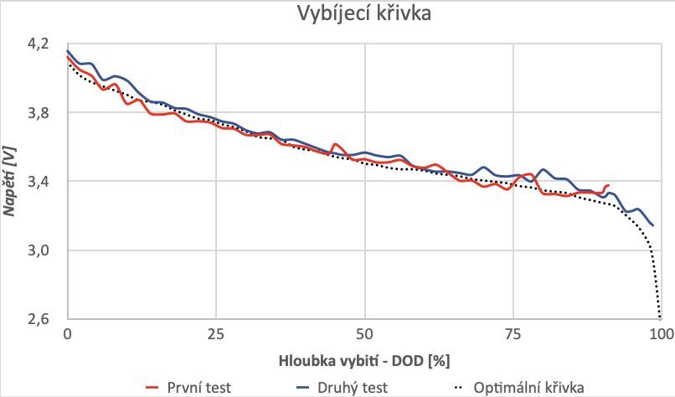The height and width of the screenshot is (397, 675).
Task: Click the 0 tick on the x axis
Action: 67,334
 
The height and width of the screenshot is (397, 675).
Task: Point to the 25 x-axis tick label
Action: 215,334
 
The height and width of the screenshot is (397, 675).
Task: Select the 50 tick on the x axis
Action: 364,334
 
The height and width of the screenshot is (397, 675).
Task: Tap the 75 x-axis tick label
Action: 513,334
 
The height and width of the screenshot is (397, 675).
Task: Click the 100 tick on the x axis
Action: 661,334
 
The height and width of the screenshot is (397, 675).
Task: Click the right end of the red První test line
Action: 608,185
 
